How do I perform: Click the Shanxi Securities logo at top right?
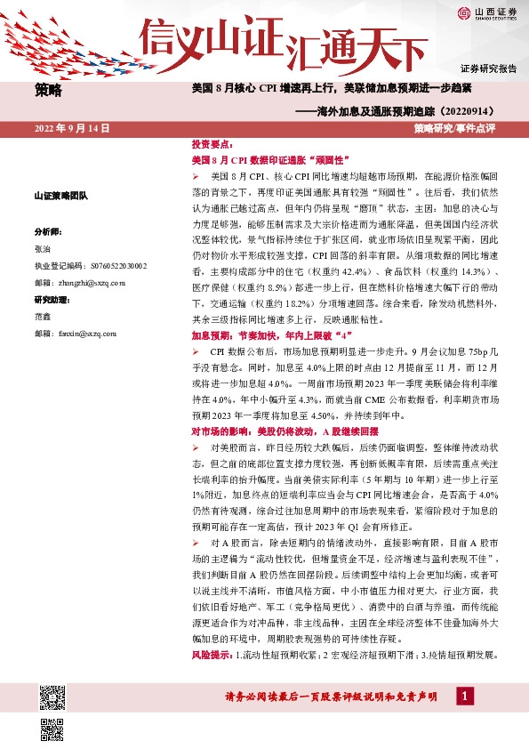484,12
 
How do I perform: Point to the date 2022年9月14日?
72,129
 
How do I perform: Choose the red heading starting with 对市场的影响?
277,431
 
